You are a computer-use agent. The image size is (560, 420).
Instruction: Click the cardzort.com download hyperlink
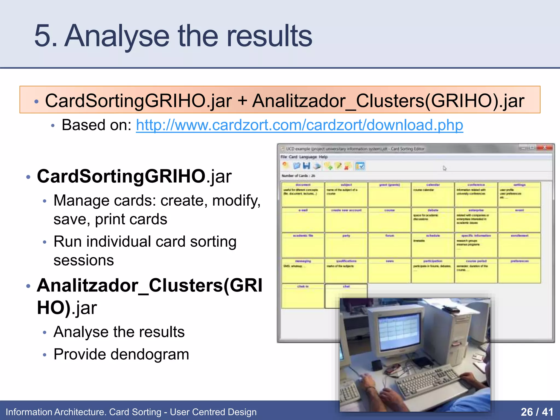point(299,125)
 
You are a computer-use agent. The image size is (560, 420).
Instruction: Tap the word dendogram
point(150,354)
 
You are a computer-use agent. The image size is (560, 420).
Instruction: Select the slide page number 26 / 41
point(537,412)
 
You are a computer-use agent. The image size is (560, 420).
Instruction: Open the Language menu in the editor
point(308,157)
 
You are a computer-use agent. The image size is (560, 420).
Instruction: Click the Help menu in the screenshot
point(323,157)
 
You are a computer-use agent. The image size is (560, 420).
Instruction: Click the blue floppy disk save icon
point(307,166)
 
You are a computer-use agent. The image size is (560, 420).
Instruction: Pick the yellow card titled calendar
point(433,194)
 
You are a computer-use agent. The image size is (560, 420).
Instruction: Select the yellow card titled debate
point(433,220)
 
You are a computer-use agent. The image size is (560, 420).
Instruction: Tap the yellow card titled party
point(346,245)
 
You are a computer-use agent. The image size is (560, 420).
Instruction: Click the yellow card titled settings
point(519,194)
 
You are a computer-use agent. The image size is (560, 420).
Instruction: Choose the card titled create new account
point(346,220)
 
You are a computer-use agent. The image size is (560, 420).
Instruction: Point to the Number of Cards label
point(298,176)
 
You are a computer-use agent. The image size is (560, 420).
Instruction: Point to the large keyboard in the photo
point(429,381)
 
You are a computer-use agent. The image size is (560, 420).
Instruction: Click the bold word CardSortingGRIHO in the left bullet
point(121,176)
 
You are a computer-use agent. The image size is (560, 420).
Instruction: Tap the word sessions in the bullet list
point(84,260)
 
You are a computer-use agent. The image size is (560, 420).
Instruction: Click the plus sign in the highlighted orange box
point(242,101)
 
